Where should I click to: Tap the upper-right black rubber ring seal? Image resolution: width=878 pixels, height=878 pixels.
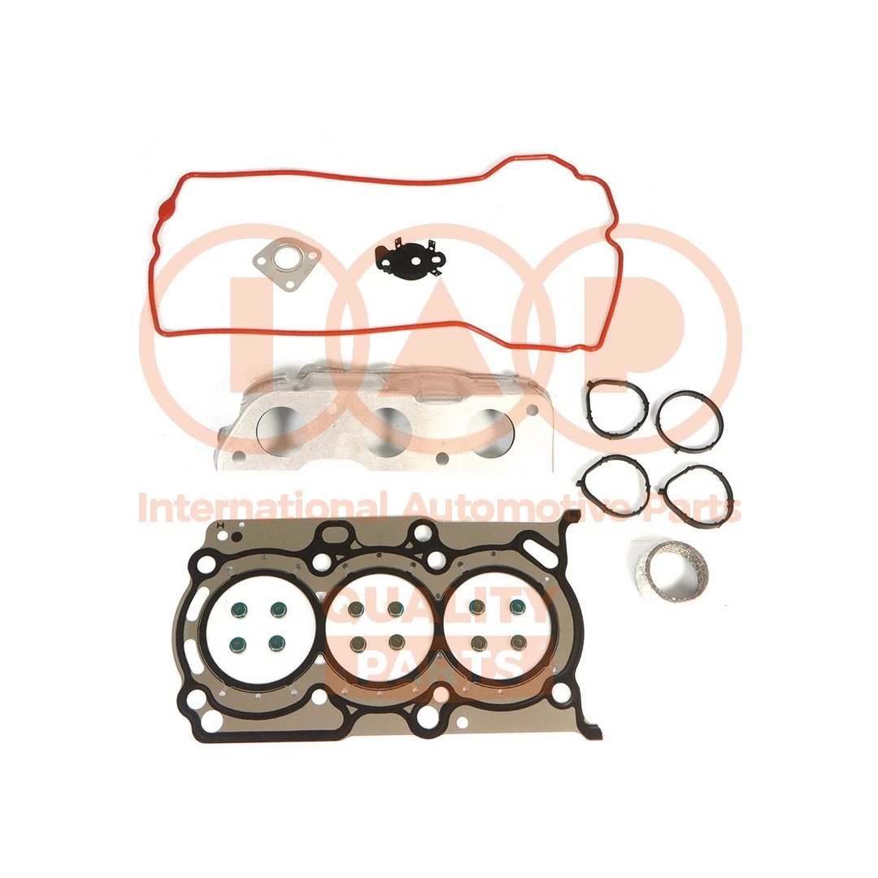coord(690,419)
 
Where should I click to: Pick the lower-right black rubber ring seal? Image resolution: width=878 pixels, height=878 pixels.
coord(698,491)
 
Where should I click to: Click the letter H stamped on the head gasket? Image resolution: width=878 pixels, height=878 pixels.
coord(220,527)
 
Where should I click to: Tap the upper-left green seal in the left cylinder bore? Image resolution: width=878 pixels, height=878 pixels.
coord(238,609)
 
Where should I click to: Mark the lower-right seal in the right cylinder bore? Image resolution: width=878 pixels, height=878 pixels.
coord(515,642)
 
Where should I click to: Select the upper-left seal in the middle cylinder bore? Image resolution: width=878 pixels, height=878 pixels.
coord(354,609)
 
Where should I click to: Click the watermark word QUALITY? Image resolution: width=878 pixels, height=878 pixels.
coord(439,608)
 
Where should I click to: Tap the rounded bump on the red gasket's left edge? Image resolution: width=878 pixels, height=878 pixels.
coord(166,211)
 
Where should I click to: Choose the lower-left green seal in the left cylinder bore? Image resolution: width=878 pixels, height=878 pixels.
coord(238,645)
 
